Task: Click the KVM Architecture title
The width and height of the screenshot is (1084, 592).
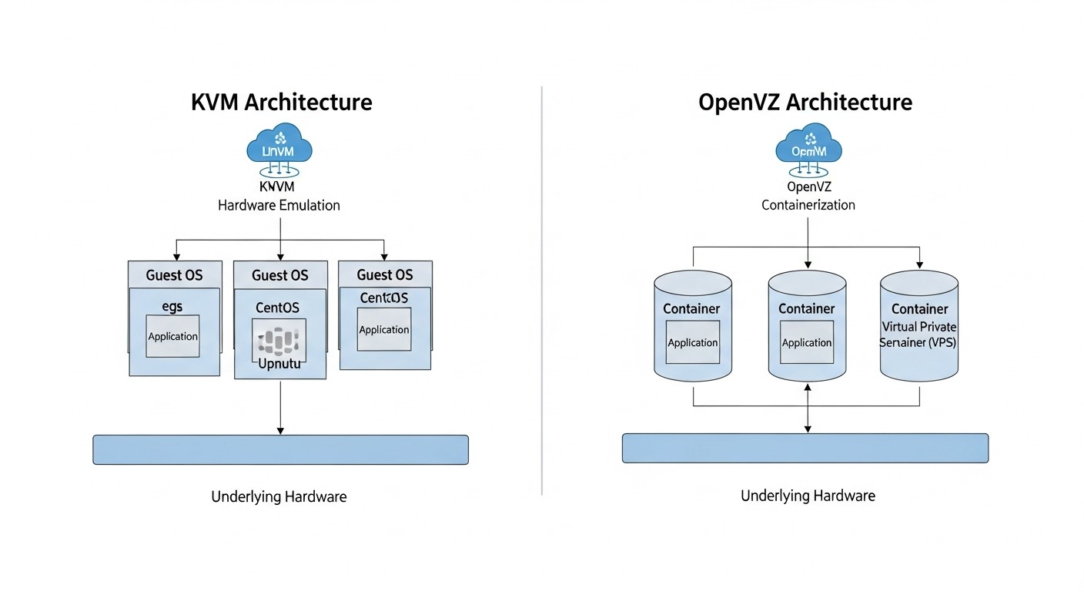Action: click(x=281, y=103)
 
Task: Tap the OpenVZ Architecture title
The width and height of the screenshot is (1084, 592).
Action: click(x=805, y=103)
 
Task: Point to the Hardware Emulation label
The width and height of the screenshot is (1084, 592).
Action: click(x=279, y=206)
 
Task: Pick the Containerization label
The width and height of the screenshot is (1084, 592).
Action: click(x=808, y=205)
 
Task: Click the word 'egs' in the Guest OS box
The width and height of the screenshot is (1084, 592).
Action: click(x=172, y=306)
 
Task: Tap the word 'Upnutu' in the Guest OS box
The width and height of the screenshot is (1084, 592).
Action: click(x=279, y=363)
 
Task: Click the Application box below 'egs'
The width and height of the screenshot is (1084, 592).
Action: click(x=172, y=336)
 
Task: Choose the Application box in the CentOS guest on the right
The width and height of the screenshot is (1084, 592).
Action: click(x=384, y=329)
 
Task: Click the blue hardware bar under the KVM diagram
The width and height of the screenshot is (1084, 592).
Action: click(x=280, y=449)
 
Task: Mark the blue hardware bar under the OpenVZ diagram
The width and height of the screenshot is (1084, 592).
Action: click(x=805, y=448)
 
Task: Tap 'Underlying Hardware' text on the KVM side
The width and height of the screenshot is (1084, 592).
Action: click(x=279, y=497)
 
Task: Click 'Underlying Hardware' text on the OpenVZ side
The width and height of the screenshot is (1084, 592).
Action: click(x=808, y=496)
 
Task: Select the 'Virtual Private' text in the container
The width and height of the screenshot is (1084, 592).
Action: click(x=918, y=327)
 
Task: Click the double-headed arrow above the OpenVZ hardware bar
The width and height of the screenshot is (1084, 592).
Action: click(x=807, y=409)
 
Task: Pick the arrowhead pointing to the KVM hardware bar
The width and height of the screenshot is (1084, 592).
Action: click(x=280, y=429)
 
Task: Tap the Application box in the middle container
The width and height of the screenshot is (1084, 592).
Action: click(x=806, y=343)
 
